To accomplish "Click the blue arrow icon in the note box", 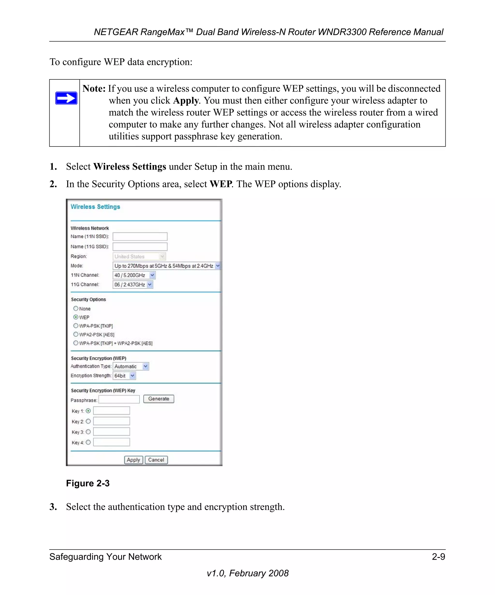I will [x=66, y=98].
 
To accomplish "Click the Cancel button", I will [x=156, y=460].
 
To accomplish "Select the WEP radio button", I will [x=76, y=317].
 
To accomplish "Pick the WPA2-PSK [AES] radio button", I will [x=76, y=334].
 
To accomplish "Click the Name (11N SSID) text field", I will [x=140, y=236].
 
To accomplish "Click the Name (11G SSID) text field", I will [x=140, y=246].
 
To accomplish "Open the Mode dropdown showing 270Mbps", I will [x=166, y=266].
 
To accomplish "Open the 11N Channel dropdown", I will [x=134, y=275].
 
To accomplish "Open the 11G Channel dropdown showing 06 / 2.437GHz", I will [x=133, y=284].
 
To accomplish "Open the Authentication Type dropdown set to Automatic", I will [x=131, y=366].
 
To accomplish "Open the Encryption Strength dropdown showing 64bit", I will [x=124, y=376].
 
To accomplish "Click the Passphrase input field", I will [x=119, y=399].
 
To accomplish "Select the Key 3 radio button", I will [x=88, y=432].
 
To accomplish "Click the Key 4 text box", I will [x=111, y=442].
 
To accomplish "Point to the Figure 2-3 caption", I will [x=88, y=483].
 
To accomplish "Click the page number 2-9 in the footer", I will [x=438, y=557].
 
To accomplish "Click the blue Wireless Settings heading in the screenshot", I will [x=95, y=206].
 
